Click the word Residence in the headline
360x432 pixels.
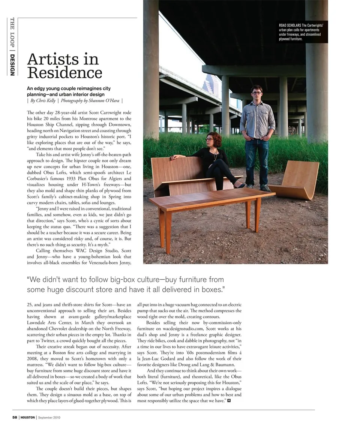[64, 72]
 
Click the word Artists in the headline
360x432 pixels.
[63, 59]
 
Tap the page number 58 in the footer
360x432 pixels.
[15, 417]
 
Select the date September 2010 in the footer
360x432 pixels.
[49, 417]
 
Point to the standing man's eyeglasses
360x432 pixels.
[256, 92]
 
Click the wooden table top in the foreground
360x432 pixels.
[212, 198]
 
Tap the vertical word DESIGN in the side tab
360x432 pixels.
[12, 65]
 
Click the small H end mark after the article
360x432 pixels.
[229, 401]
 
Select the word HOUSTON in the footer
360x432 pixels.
[28, 417]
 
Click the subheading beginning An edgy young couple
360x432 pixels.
[69, 91]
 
